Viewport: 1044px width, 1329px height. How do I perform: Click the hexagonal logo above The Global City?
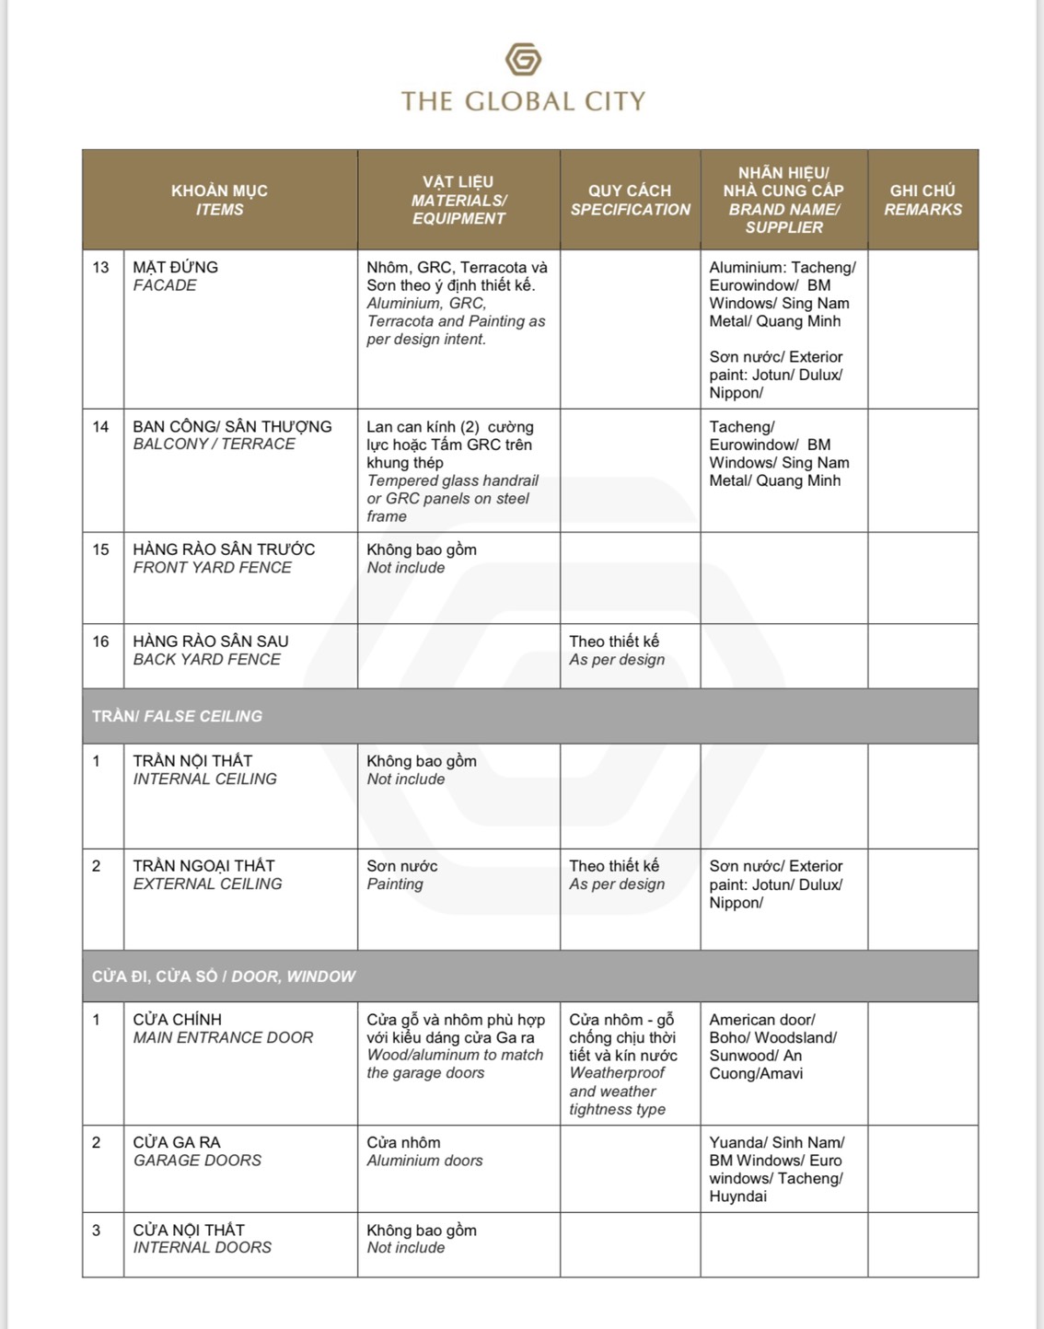point(523,60)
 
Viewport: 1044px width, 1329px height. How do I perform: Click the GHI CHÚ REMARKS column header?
point(922,200)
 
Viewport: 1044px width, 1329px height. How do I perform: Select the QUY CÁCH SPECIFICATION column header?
point(630,200)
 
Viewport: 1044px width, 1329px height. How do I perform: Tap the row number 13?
point(100,268)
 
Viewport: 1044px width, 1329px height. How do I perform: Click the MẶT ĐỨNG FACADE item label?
point(175,276)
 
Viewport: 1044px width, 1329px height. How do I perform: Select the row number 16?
point(100,641)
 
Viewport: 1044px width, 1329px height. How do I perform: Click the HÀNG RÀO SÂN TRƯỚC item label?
point(224,559)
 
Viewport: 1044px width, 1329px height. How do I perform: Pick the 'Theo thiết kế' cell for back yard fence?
point(616,651)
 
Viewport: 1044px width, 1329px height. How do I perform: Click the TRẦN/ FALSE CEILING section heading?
point(177,716)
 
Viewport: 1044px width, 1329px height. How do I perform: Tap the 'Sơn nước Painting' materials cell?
point(401,875)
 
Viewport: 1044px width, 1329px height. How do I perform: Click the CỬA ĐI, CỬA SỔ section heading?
point(223,977)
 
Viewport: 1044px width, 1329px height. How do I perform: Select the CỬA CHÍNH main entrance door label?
point(223,1029)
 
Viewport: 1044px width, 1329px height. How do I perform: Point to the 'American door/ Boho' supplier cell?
point(772,1046)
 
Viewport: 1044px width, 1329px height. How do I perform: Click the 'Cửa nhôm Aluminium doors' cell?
point(424,1151)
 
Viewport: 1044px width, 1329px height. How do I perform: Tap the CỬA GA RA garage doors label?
point(197,1151)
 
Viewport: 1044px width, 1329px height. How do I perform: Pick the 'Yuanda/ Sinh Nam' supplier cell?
point(776,1169)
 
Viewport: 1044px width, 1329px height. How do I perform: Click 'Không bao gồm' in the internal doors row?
point(421,1231)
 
